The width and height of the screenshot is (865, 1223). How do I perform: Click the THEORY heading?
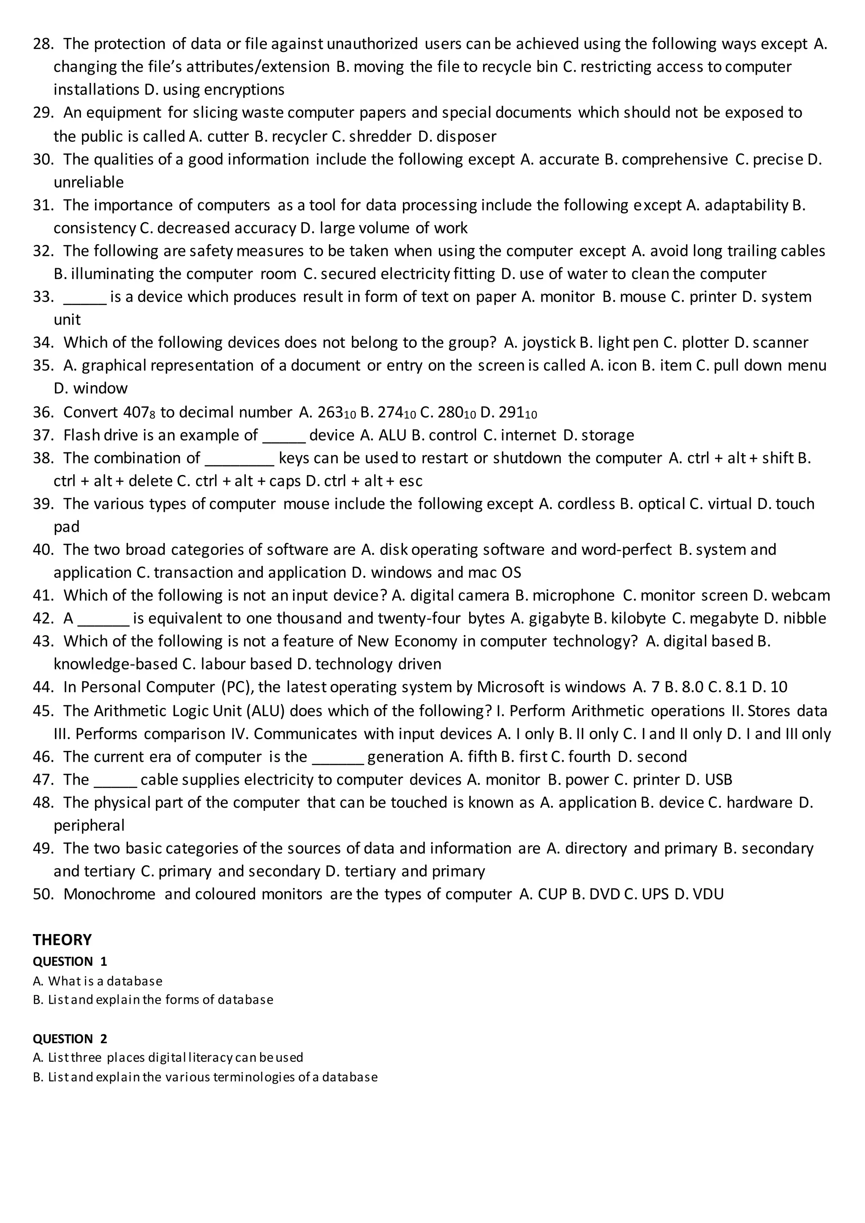[x=62, y=940]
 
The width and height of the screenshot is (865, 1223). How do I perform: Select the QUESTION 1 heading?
[x=70, y=962]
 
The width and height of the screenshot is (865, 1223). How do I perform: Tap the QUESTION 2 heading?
[x=70, y=1039]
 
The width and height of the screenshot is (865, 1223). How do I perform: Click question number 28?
[x=43, y=43]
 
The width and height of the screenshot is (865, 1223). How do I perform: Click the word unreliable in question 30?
[x=88, y=182]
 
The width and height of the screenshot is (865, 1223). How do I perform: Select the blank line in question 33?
[x=85, y=297]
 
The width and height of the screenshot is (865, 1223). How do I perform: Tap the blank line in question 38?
[x=239, y=459]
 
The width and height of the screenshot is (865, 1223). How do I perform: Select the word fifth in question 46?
[x=483, y=757]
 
